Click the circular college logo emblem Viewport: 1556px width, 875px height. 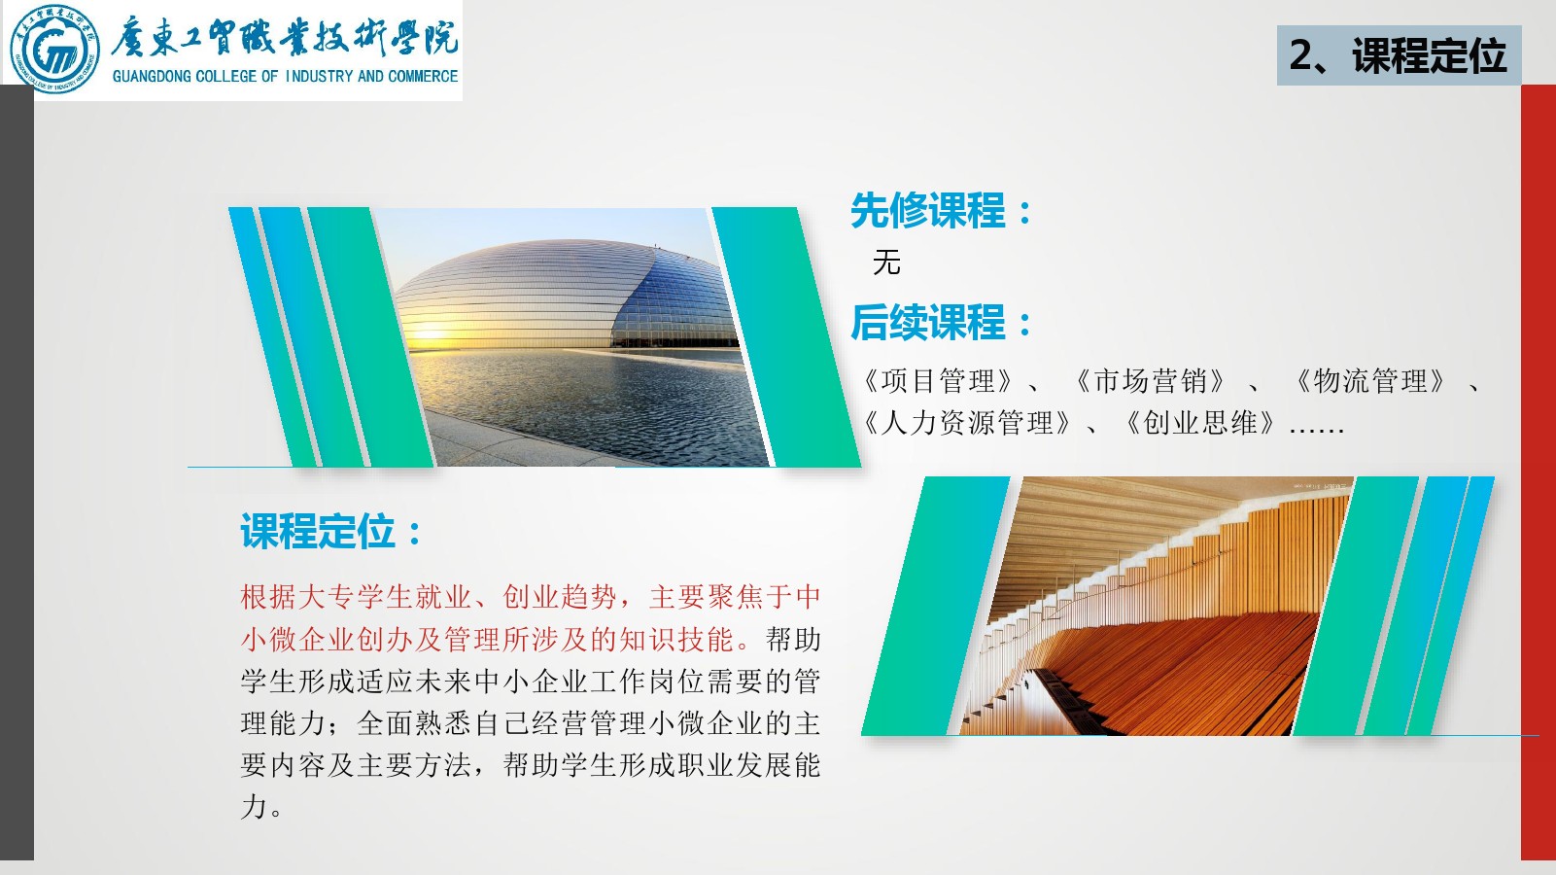(x=54, y=49)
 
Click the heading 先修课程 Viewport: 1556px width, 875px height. (x=927, y=211)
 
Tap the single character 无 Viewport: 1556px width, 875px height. (x=886, y=262)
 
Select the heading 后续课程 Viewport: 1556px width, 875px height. (x=927, y=323)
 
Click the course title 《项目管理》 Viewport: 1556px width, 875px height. (x=939, y=381)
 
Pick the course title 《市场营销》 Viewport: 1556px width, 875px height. (x=1150, y=381)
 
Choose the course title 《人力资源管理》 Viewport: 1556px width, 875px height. (x=967, y=423)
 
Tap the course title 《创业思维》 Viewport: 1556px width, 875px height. (x=1200, y=423)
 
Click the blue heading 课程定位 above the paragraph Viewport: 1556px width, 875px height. (x=318, y=532)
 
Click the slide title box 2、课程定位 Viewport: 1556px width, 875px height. (x=1399, y=55)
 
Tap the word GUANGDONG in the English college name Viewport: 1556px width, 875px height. (x=153, y=77)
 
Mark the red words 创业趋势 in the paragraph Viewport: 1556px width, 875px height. (x=560, y=597)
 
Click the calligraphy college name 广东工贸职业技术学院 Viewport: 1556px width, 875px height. (x=284, y=37)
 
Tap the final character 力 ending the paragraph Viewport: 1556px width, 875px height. (x=255, y=807)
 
